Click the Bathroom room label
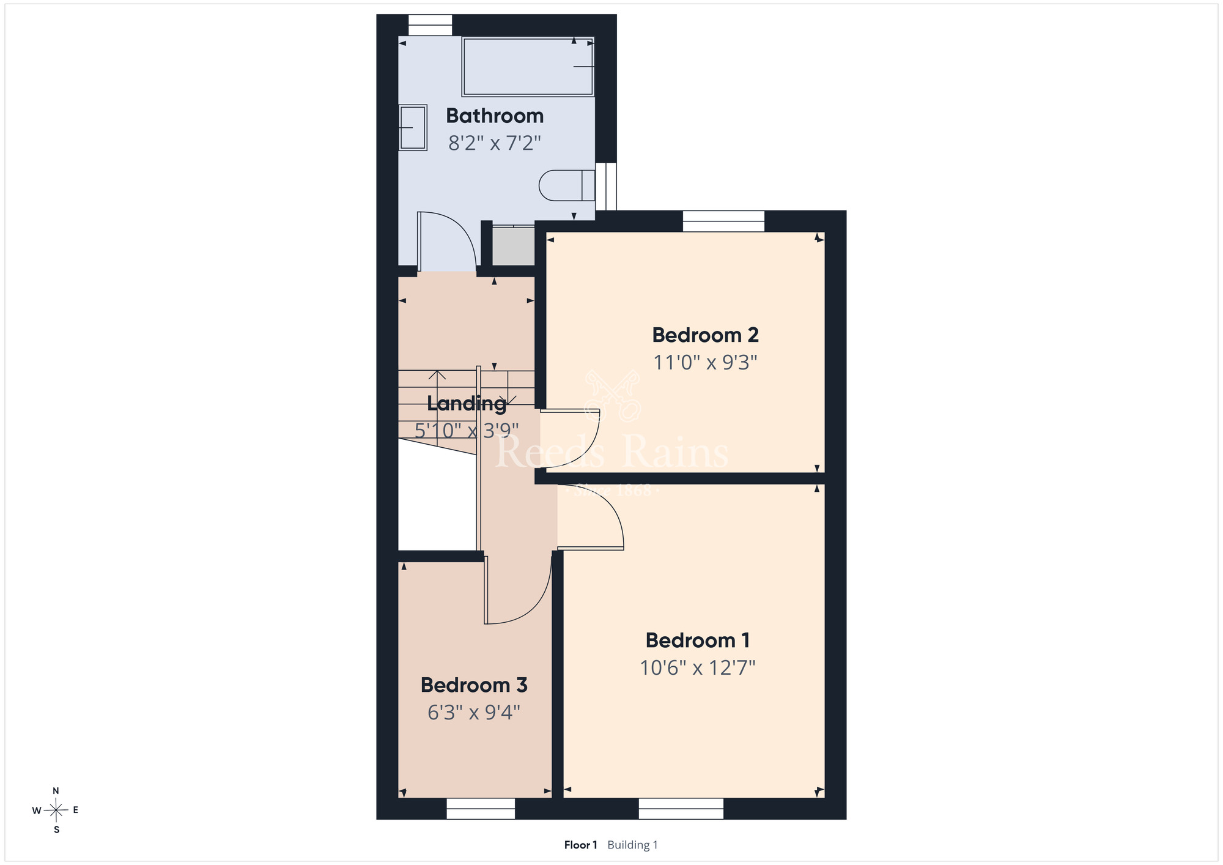point(495,116)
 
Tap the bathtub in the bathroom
point(528,67)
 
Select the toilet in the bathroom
point(567,185)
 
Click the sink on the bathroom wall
point(413,127)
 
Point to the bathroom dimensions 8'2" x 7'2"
point(495,143)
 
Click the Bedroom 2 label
point(705,335)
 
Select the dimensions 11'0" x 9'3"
point(705,363)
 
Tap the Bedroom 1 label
point(698,640)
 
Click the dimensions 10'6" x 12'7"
point(698,667)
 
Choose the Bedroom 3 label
point(474,685)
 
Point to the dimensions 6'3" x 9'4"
point(474,713)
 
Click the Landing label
point(467,404)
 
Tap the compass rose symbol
point(56,811)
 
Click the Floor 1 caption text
point(580,845)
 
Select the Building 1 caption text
point(632,845)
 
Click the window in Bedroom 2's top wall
point(723,221)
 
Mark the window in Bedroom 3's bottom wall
point(481,809)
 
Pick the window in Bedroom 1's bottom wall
point(681,809)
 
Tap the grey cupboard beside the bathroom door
point(514,246)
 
